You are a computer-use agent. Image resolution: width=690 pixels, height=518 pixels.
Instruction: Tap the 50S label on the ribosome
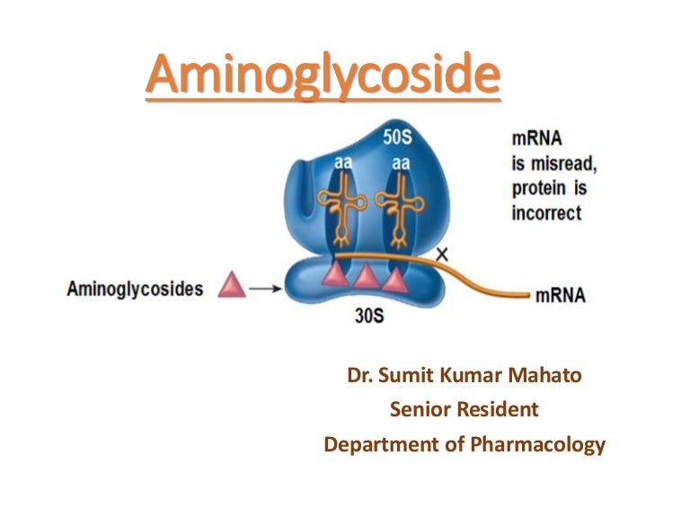click(399, 138)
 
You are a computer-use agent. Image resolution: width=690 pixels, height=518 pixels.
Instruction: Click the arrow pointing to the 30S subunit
click(261, 289)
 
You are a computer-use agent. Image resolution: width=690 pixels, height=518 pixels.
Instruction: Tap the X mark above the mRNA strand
click(441, 255)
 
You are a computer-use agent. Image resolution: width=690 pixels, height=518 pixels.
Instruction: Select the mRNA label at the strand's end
click(559, 294)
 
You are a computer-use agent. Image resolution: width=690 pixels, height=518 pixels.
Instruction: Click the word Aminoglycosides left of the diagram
click(135, 289)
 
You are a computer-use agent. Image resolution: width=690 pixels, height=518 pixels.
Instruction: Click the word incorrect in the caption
click(546, 214)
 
